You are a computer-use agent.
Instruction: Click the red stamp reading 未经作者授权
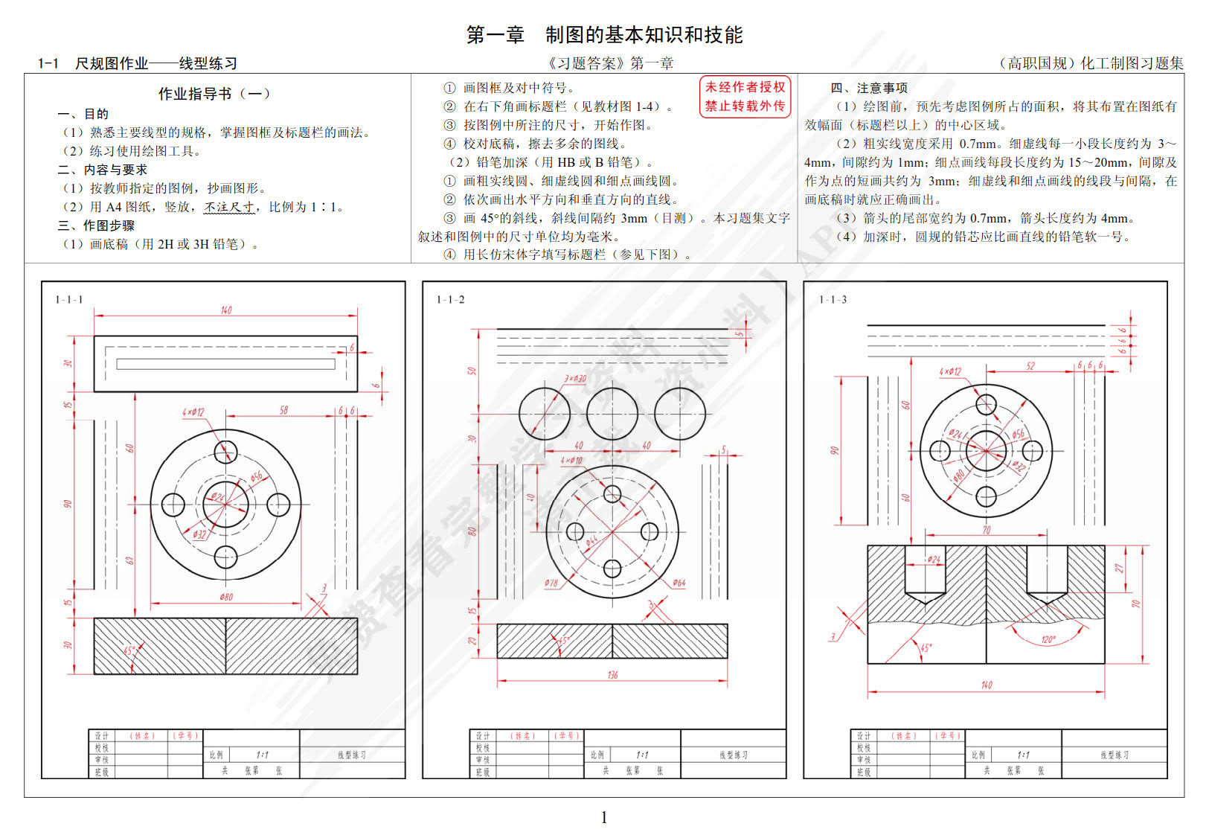[745, 87]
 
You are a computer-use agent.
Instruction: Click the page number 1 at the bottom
[604, 817]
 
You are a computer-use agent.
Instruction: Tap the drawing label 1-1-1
[69, 300]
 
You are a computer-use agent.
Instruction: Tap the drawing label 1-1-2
[450, 300]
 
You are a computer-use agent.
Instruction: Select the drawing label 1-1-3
[833, 300]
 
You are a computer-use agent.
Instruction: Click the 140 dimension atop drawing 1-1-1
[226, 310]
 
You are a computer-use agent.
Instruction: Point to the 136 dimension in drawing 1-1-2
[612, 675]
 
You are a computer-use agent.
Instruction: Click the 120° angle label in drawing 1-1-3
[1048, 640]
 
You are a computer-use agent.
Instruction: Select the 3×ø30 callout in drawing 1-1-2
[574, 379]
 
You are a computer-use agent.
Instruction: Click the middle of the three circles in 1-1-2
[612, 414]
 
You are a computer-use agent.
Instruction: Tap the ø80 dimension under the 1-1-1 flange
[226, 597]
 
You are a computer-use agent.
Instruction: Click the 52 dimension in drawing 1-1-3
[1030, 365]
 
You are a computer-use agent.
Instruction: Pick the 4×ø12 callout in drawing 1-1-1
[193, 412]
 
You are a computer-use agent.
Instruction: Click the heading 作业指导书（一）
[214, 94]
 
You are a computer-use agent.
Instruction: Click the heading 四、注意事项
[868, 88]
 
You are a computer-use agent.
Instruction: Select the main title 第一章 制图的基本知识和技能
[604, 35]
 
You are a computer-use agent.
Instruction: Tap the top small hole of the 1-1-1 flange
[225, 452]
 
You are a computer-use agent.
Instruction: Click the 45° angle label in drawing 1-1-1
[130, 650]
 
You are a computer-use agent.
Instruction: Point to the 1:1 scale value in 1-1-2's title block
[642, 755]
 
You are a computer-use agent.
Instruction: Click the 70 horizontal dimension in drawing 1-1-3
[987, 530]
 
